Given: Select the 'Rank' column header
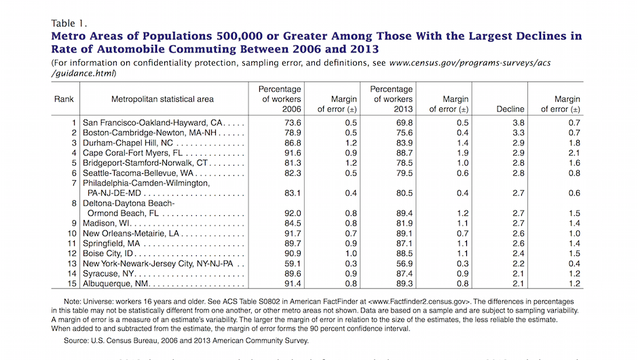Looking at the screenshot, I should (64, 99).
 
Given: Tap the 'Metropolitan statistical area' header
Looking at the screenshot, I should (163, 99).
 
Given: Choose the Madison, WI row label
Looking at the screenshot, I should (107, 223).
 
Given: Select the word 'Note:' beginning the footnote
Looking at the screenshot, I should (75, 300).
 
